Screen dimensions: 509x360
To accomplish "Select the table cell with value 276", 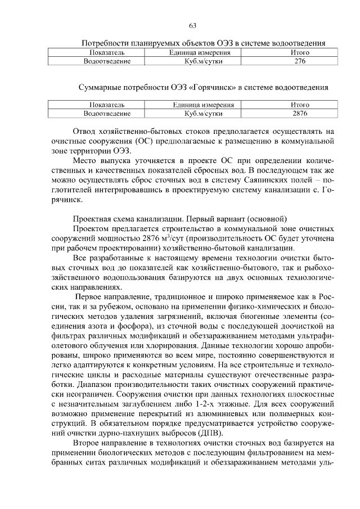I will click(299, 61).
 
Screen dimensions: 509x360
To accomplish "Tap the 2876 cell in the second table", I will click(300, 113).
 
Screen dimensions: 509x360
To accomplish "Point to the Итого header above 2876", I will click(300, 105).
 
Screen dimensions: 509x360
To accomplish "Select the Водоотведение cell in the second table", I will click(107, 113).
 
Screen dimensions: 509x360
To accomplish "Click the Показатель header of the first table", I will click(107, 52).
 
